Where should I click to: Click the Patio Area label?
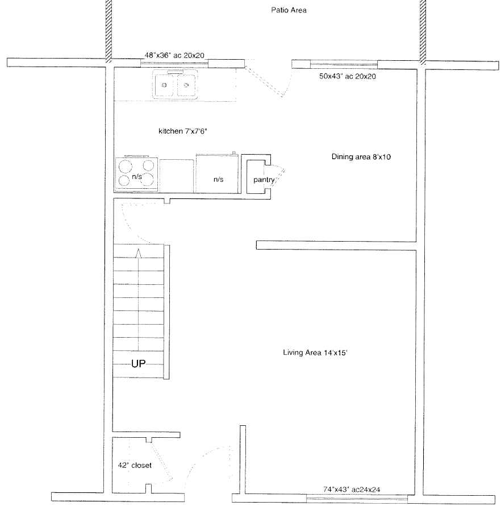click(289, 10)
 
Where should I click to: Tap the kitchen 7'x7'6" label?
click(183, 131)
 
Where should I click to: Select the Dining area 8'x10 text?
click(361, 157)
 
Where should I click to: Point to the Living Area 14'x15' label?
click(315, 352)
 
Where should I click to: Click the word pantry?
click(264, 180)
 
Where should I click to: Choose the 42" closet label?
click(135, 465)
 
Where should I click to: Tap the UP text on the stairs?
click(138, 364)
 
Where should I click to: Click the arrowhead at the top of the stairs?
click(138, 254)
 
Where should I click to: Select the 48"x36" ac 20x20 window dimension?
click(174, 55)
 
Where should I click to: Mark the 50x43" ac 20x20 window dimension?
click(348, 77)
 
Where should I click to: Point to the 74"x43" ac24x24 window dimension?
click(352, 489)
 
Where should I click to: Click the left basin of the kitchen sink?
click(164, 85)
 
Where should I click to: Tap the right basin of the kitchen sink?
click(186, 85)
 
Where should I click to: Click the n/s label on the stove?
click(137, 176)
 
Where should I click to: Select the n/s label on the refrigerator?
click(218, 180)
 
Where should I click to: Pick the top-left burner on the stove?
click(125, 167)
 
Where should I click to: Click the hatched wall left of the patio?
click(108, 31)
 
